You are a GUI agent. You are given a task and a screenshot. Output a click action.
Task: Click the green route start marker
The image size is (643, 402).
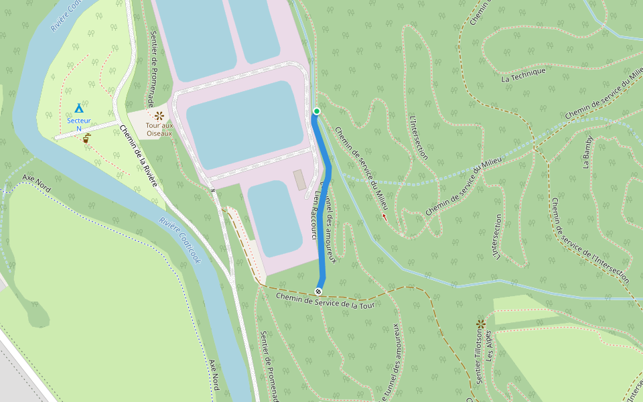click(x=317, y=111)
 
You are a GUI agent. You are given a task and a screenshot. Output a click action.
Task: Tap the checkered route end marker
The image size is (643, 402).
click(x=318, y=291)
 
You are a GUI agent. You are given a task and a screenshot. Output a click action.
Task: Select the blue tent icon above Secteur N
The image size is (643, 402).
click(x=79, y=108)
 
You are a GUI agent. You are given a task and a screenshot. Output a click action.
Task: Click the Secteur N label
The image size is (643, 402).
click(x=79, y=125)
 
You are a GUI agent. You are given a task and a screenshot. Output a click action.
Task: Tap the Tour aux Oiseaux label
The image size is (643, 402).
click(x=159, y=129)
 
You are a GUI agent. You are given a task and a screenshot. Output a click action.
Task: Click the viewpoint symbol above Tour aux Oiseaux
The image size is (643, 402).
click(x=159, y=115)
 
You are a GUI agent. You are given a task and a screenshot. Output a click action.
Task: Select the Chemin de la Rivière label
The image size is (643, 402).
click(x=139, y=155)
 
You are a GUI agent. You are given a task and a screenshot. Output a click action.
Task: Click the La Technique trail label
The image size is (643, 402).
click(x=523, y=75)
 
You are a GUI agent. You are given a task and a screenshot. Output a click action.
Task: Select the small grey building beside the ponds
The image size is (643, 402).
click(x=299, y=180)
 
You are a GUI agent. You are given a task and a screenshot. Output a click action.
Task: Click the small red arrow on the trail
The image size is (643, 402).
click(x=384, y=216)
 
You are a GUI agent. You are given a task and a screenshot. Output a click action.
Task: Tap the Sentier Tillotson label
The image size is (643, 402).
click(x=479, y=360)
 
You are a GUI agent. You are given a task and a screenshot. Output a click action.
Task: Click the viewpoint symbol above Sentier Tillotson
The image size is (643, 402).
click(x=481, y=324)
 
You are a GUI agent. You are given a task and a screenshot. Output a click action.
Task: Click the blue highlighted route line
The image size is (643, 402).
click(x=326, y=201)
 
